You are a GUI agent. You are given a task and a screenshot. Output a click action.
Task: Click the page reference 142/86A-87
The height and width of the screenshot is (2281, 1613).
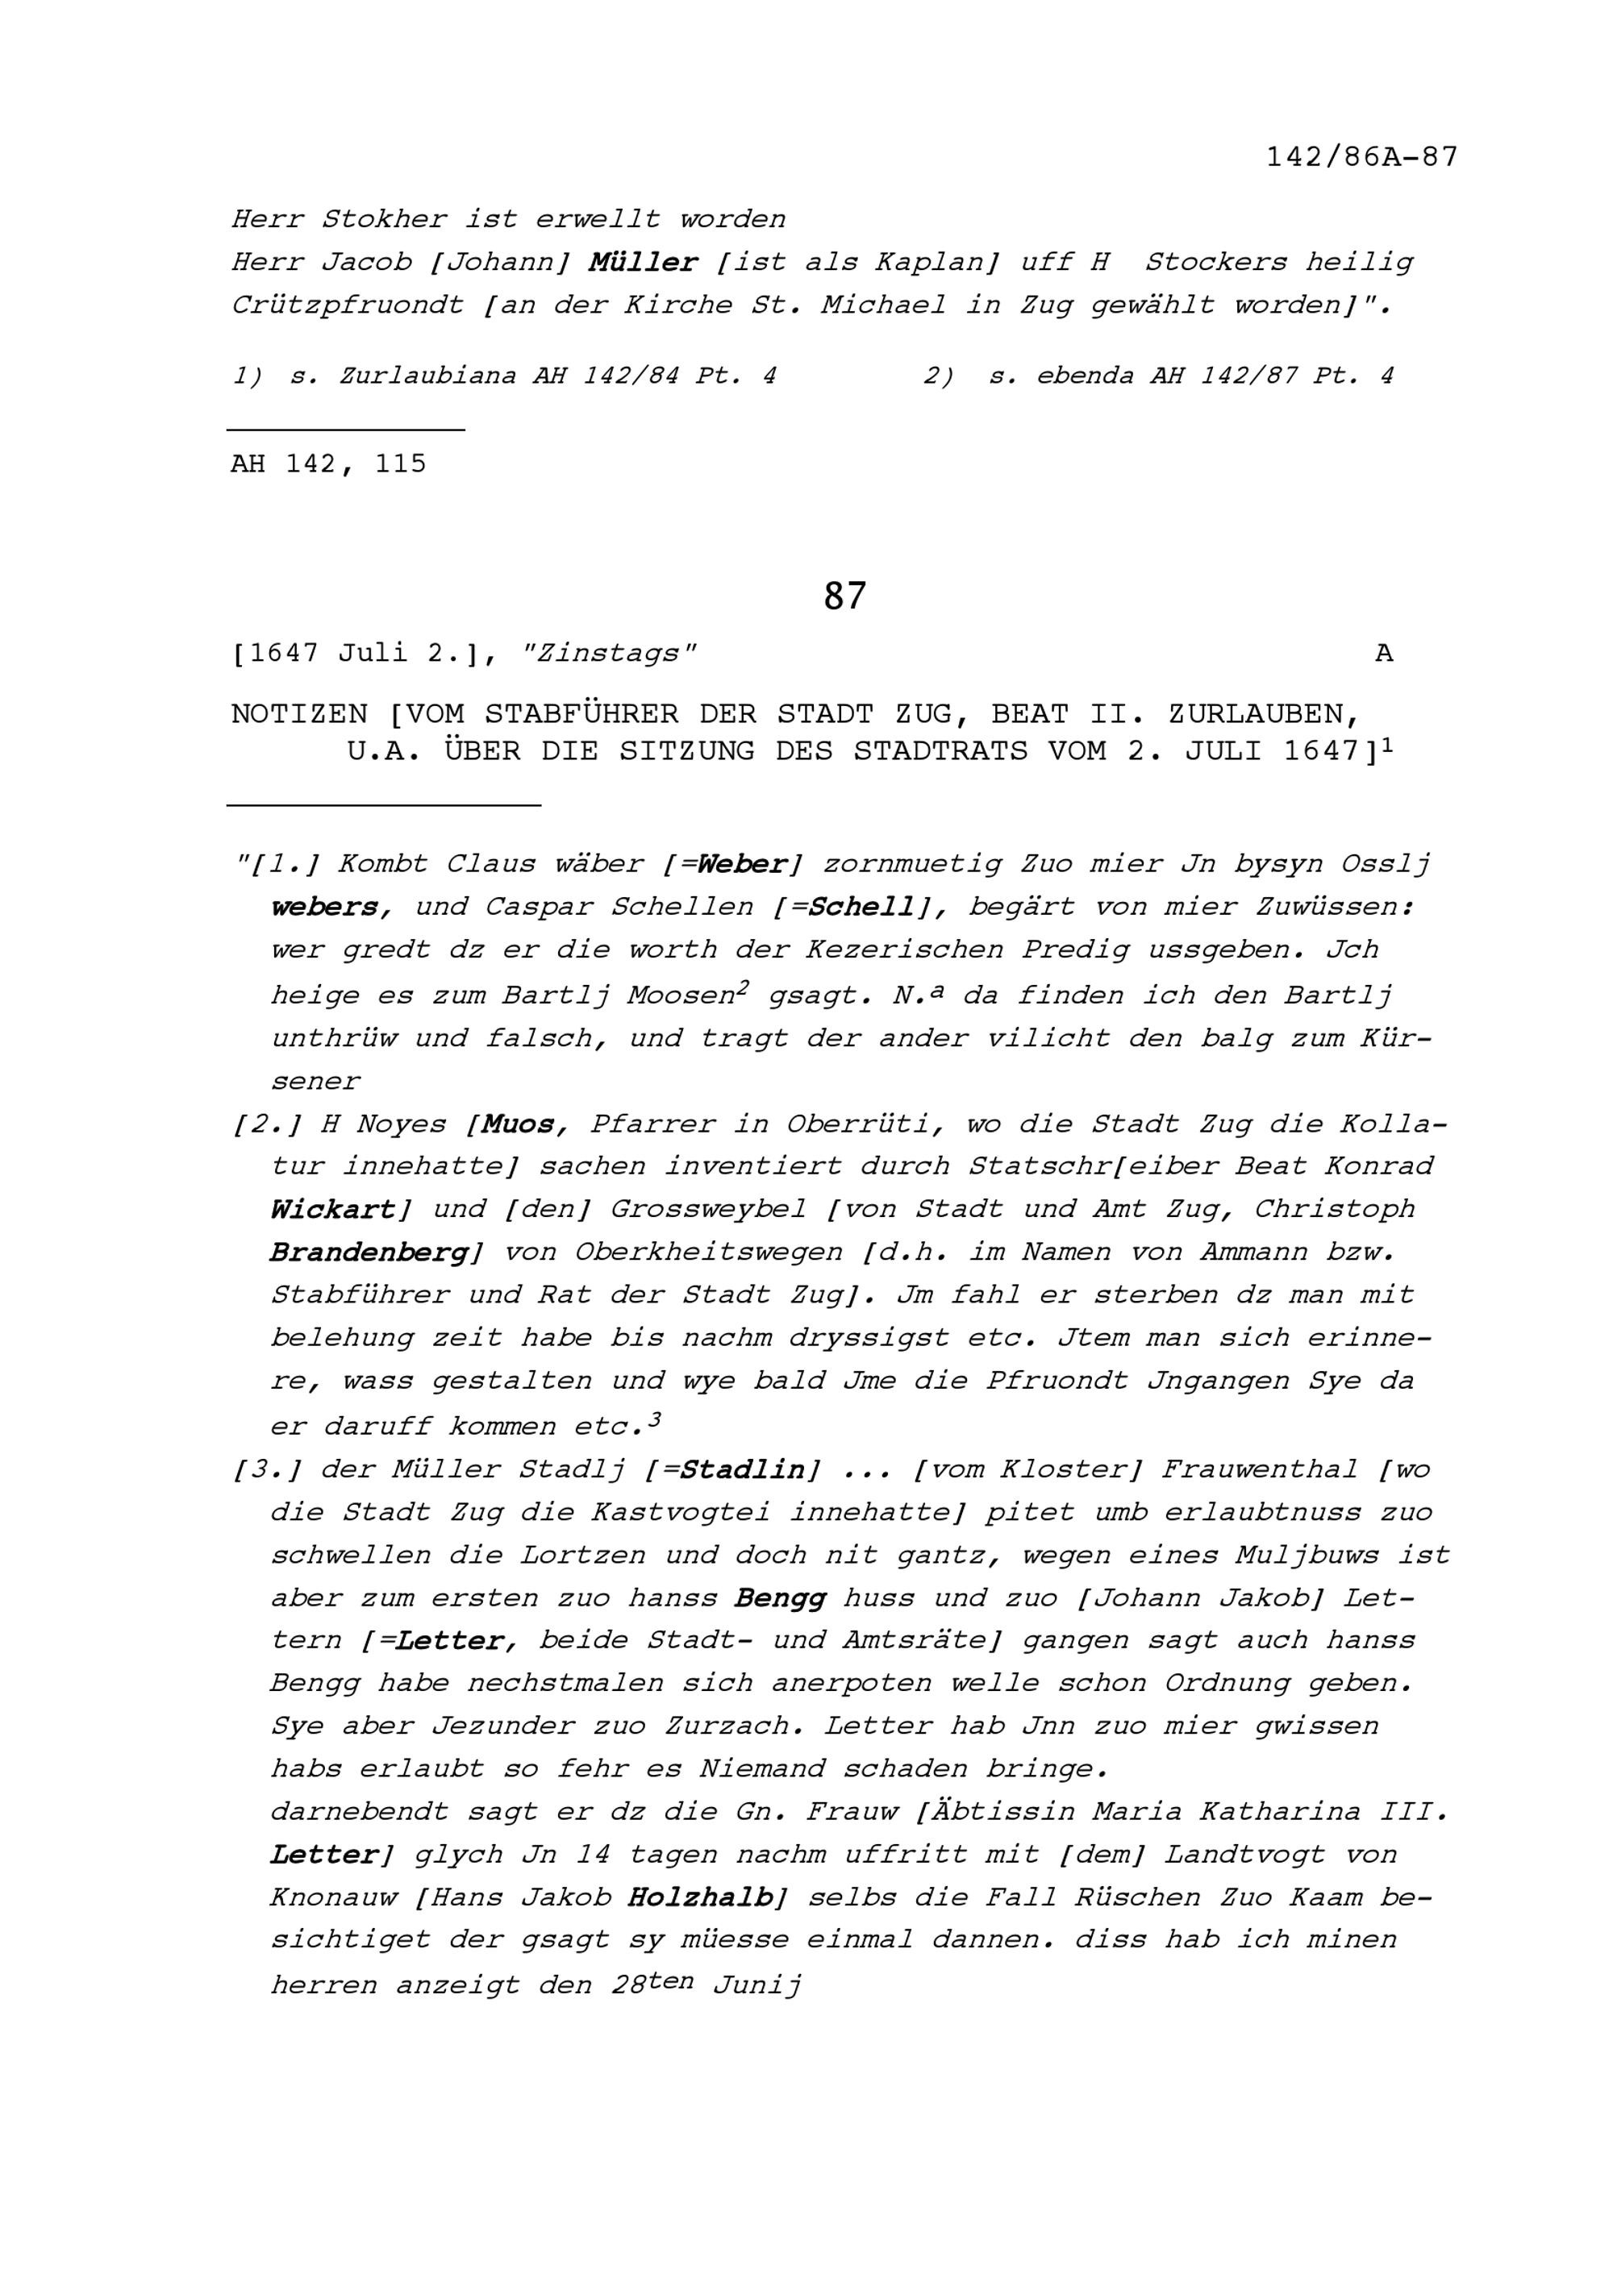point(1361,157)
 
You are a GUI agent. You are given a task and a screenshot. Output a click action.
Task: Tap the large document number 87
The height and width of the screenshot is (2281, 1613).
point(844,596)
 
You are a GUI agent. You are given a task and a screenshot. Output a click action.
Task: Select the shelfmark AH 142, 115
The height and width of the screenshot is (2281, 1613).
point(328,464)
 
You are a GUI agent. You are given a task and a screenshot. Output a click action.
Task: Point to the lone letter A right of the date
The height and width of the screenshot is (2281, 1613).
point(1383,654)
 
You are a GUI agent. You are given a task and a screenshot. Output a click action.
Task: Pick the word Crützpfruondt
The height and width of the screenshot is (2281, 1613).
point(348,305)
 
